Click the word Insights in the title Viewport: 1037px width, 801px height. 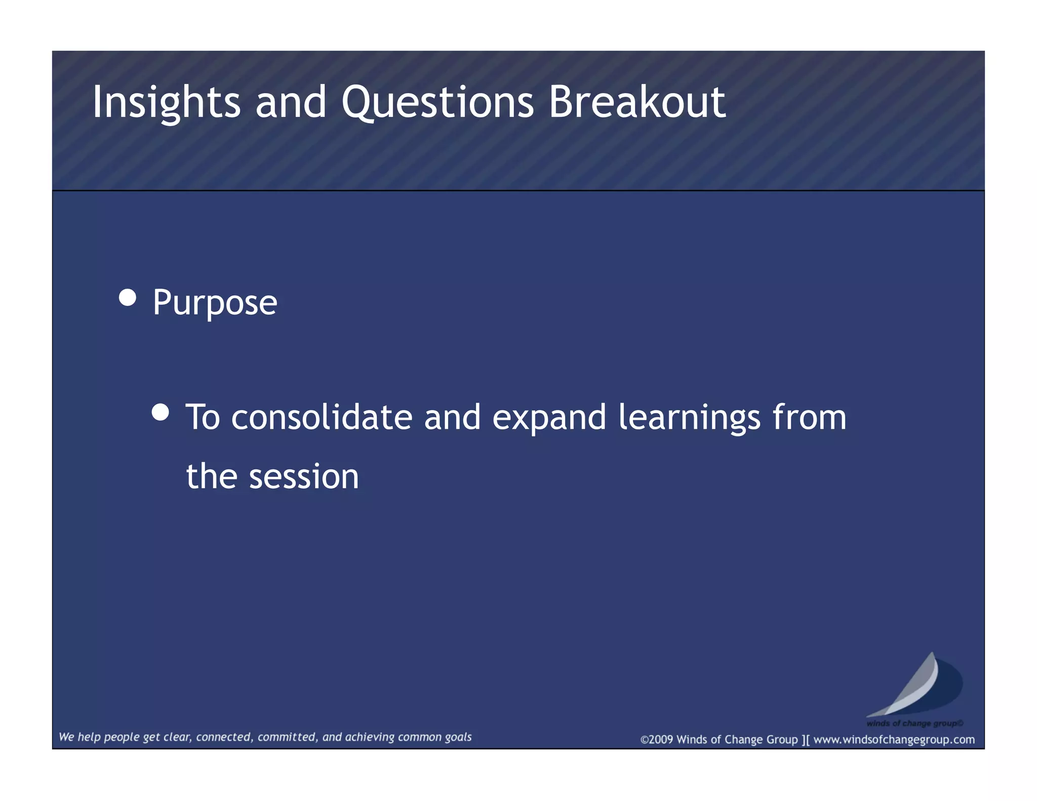click(x=166, y=103)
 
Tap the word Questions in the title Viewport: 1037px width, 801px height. click(x=437, y=103)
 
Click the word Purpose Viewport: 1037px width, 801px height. click(x=215, y=303)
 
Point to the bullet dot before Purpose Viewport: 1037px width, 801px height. click(x=128, y=298)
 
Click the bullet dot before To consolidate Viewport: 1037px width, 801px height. click(x=161, y=412)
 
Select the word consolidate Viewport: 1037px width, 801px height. click(x=322, y=418)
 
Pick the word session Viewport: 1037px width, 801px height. click(x=304, y=477)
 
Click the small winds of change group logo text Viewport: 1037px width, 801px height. click(x=914, y=723)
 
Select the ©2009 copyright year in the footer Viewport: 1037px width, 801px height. click(x=657, y=740)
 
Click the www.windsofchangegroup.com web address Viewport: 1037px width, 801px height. click(x=894, y=740)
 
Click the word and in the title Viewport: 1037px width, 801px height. click(x=291, y=103)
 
